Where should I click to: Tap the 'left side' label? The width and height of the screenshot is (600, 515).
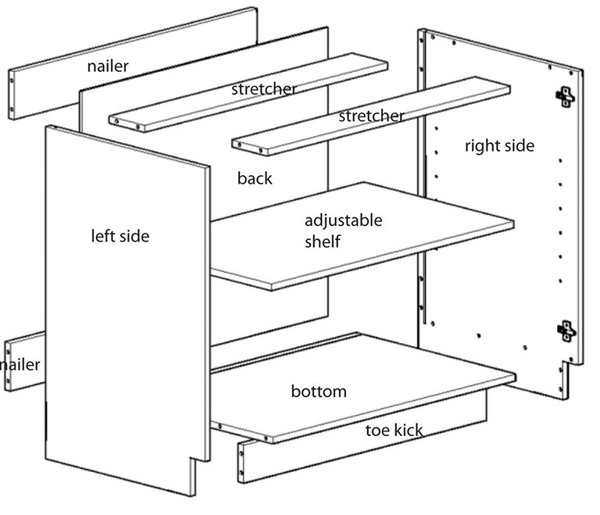pos(120,235)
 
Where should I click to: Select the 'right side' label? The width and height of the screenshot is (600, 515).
pos(499,145)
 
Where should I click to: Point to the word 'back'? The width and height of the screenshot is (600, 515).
pos(255,179)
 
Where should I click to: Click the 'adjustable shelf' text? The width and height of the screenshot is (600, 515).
pos(343,231)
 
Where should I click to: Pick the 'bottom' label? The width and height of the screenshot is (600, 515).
pos(318,391)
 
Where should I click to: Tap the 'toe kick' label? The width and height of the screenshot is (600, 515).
pos(395,430)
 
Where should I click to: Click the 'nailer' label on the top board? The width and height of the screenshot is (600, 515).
pos(108,66)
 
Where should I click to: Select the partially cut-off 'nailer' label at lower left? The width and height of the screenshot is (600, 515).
pos(20,364)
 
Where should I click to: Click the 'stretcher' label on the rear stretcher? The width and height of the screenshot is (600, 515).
pos(263,89)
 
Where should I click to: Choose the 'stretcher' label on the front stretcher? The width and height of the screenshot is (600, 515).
pos(371,116)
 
